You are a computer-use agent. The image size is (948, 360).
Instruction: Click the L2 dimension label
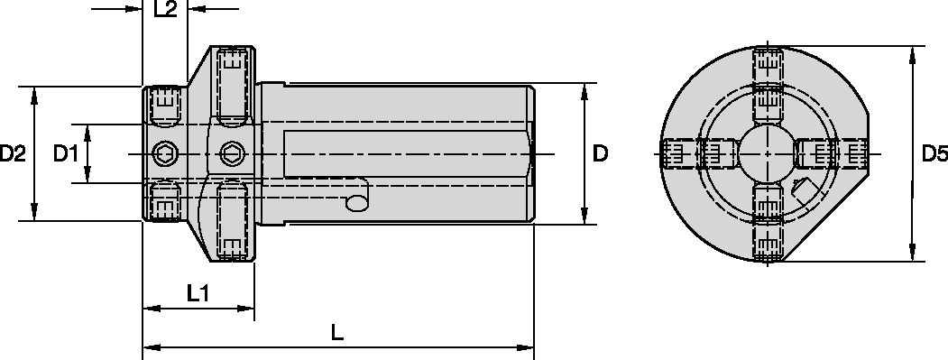coord(165,10)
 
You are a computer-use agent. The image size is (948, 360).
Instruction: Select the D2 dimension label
coord(13,154)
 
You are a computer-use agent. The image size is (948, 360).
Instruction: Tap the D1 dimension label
coord(64,154)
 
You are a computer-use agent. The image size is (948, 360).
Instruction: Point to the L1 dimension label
coord(198,292)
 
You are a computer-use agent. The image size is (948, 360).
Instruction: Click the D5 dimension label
coord(934,154)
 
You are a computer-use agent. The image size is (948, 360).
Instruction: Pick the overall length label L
coord(337,332)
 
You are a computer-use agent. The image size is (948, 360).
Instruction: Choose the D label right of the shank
coord(600,154)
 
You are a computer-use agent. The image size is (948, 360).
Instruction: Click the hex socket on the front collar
coord(164,154)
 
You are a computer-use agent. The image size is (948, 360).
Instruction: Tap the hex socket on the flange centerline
coord(232,154)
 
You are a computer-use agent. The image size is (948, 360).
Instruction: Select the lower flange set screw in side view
coord(232,222)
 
